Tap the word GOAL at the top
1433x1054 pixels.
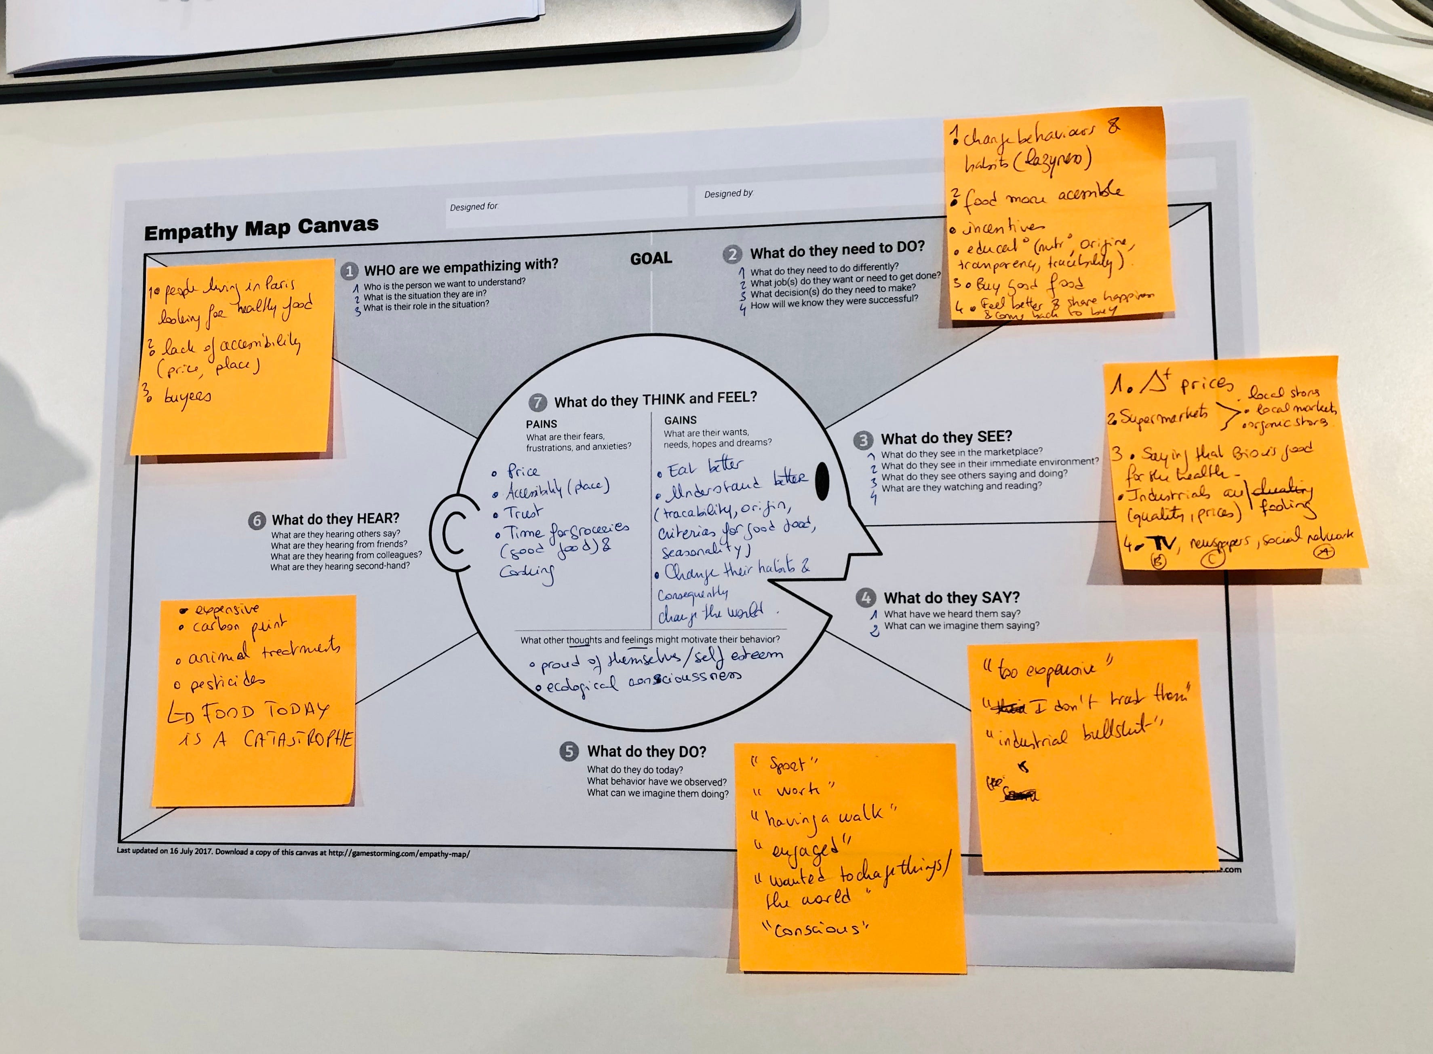[x=651, y=258]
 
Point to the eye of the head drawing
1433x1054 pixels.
[x=823, y=480]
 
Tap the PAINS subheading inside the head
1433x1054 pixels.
[x=542, y=424]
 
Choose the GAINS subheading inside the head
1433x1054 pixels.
[x=681, y=420]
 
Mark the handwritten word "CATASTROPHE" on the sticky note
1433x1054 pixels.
[x=298, y=739]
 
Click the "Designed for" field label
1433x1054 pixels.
[x=473, y=207]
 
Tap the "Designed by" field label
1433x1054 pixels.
[x=728, y=193]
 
